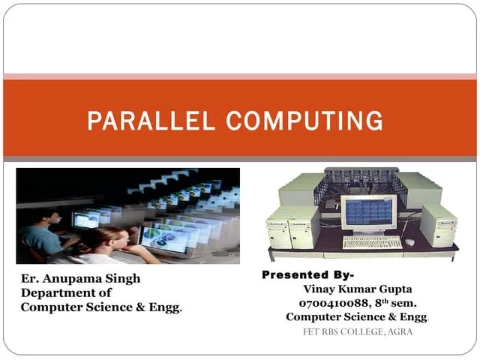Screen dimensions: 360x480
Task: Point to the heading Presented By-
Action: (308, 275)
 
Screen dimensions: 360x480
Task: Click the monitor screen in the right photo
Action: (368, 212)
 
